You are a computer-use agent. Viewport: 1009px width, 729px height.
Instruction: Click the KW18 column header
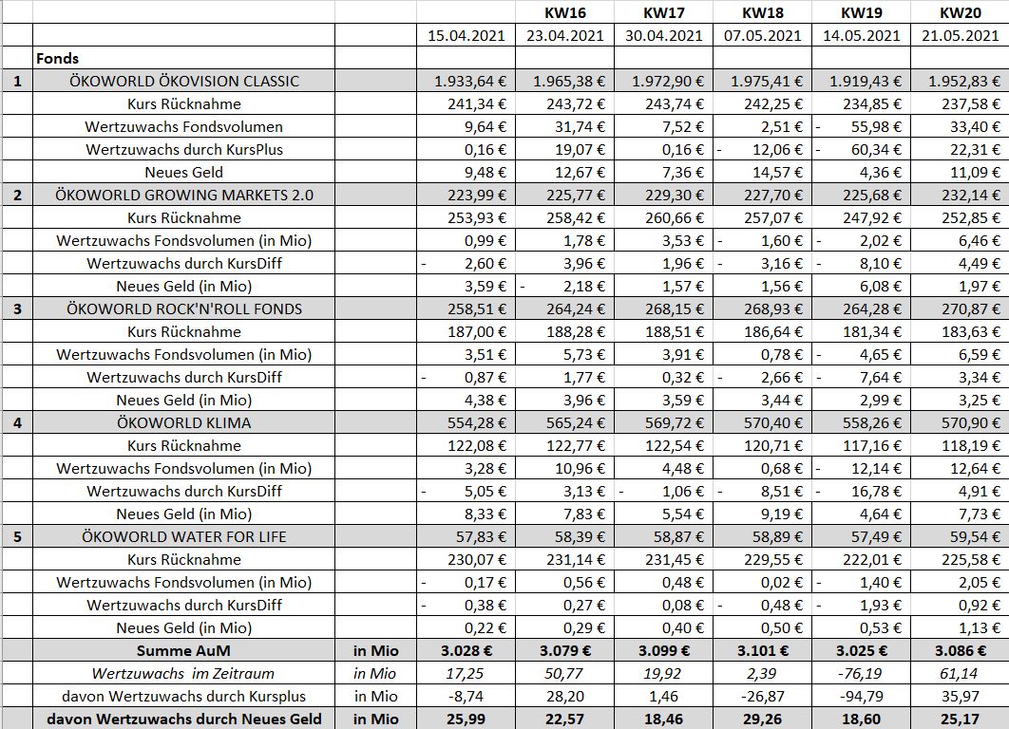coord(761,12)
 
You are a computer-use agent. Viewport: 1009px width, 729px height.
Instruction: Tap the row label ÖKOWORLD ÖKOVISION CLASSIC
coord(184,81)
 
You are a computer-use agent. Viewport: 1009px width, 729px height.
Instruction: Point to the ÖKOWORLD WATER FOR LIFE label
coord(184,536)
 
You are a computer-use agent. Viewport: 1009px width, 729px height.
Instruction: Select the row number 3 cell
coord(17,308)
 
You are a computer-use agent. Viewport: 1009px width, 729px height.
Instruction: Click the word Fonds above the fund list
coord(58,58)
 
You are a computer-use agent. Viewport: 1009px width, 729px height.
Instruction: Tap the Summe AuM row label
coord(184,650)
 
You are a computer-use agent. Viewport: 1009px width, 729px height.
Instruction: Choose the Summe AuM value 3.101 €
coord(761,650)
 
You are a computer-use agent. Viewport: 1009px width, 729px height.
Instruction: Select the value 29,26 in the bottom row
coord(761,719)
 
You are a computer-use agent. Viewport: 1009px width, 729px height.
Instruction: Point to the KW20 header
coord(959,12)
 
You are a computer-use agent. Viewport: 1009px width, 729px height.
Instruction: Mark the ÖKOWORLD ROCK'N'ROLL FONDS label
coord(184,308)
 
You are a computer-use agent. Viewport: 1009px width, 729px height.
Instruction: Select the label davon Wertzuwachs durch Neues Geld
coord(184,719)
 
